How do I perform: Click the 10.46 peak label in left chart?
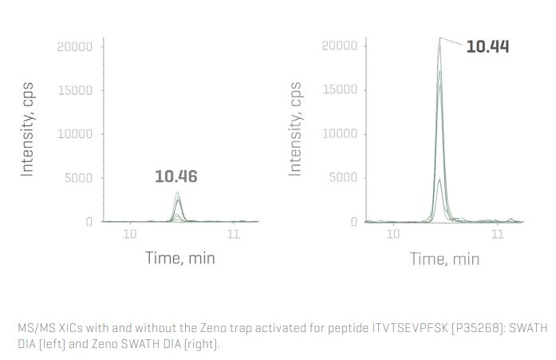[175, 176]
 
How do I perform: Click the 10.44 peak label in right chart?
[487, 46]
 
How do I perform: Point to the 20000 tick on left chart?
[75, 46]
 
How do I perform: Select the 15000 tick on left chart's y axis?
[75, 90]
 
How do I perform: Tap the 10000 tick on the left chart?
[75, 134]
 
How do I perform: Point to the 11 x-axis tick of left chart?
[233, 234]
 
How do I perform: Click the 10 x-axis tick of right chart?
[392, 234]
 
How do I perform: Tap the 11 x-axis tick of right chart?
[498, 234]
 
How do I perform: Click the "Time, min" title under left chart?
[179, 258]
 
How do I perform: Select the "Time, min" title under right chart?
[444, 259]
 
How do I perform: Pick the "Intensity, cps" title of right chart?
[294, 128]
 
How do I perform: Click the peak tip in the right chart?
[440, 38]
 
